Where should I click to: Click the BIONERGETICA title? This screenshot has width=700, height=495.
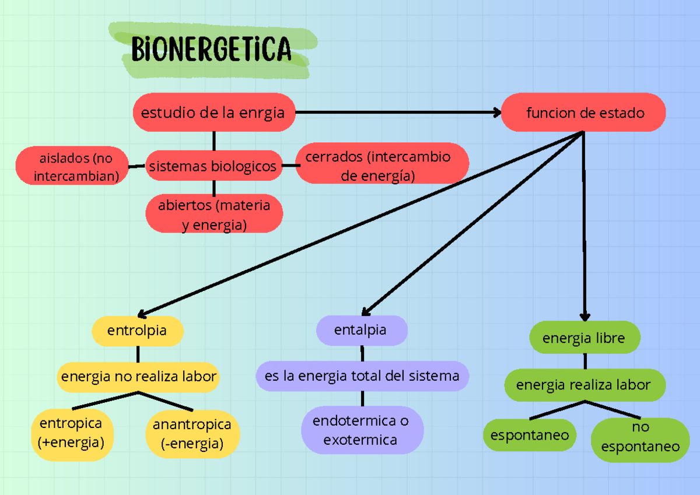point(211,50)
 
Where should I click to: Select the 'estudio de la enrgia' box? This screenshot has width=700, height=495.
point(214,113)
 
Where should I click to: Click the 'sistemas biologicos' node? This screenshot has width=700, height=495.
point(213,166)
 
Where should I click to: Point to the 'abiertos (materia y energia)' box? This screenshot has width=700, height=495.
point(214,214)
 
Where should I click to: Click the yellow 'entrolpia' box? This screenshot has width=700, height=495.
point(138,331)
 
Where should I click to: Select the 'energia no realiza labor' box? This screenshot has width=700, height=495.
point(139,377)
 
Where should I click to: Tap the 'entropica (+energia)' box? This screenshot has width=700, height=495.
point(71,433)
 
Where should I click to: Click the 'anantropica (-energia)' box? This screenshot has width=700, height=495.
point(192,434)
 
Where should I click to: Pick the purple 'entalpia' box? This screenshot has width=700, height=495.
point(361,330)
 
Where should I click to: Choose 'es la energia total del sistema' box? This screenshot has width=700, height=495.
point(362,377)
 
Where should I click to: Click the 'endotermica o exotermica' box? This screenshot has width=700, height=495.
point(361,430)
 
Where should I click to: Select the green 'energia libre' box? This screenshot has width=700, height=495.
point(584,338)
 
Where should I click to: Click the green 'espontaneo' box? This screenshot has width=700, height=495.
point(530,435)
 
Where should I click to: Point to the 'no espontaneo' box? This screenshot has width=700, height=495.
point(640,439)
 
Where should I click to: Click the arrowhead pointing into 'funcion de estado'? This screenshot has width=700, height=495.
point(498,113)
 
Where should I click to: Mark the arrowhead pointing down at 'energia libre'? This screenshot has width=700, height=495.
point(585,315)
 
